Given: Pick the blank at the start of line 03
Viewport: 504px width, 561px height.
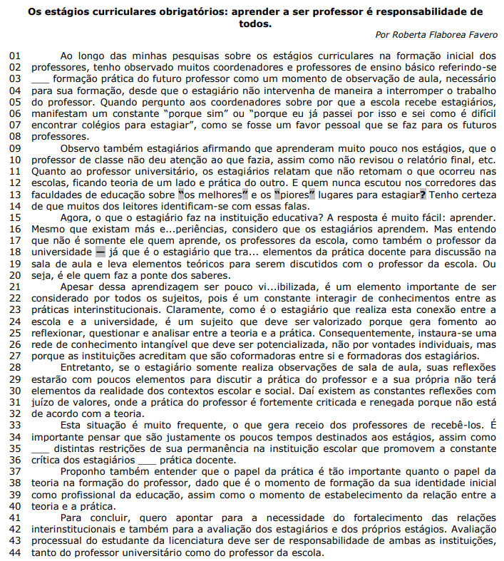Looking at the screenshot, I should [x=41, y=78].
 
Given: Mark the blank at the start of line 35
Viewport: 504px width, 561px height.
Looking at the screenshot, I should [x=41, y=448].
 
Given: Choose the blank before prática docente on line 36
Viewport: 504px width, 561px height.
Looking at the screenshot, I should [x=147, y=460].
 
